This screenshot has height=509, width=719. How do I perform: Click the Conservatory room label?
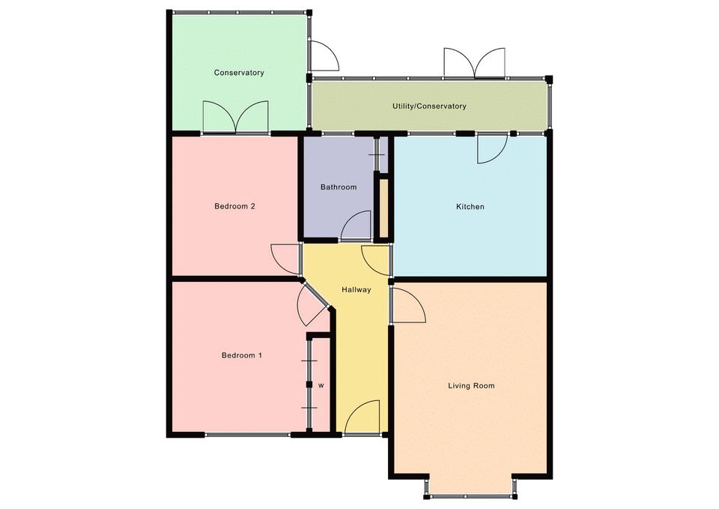pyautogui.click(x=239, y=73)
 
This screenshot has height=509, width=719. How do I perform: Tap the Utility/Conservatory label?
pyautogui.click(x=429, y=106)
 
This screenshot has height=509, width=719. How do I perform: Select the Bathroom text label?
pyautogui.click(x=339, y=187)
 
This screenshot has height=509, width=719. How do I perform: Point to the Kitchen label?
pyautogui.click(x=470, y=207)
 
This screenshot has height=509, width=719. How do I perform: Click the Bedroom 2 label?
pyautogui.click(x=234, y=206)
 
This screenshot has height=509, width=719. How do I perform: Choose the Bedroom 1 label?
pyautogui.click(x=242, y=355)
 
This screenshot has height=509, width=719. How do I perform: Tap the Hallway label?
pyautogui.click(x=357, y=290)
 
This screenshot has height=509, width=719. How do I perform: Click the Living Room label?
pyautogui.click(x=471, y=385)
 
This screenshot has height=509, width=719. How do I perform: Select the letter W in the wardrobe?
pyautogui.click(x=321, y=385)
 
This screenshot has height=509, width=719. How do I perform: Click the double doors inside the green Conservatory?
pyautogui.click(x=235, y=117)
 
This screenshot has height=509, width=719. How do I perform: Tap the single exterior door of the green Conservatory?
pyautogui.click(x=324, y=55)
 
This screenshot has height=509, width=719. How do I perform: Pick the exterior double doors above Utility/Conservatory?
pyautogui.click(x=474, y=62)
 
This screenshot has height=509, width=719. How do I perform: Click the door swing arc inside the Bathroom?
pyautogui.click(x=356, y=225)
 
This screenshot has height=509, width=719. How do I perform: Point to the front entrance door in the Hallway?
pyautogui.click(x=362, y=417)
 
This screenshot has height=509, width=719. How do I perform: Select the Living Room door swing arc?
pyautogui.click(x=409, y=305)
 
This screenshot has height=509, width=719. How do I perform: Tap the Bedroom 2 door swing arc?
pyautogui.click(x=285, y=260)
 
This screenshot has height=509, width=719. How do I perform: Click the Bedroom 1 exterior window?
pyautogui.click(x=248, y=434)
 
